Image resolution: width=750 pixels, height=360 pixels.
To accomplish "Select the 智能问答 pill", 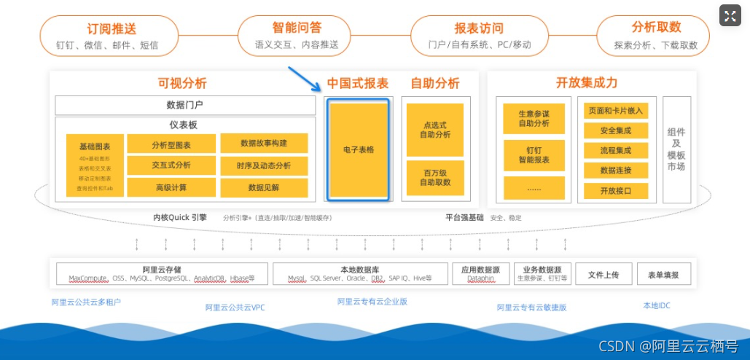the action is point(297,36).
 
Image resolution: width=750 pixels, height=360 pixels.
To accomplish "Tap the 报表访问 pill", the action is point(479,36).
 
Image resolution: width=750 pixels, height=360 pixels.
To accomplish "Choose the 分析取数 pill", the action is point(656,36).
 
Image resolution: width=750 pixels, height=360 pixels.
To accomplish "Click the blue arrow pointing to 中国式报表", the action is point(303,78).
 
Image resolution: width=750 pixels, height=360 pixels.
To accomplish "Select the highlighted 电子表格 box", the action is point(358,149).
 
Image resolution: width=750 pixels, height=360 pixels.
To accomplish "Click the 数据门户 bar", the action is point(184,105).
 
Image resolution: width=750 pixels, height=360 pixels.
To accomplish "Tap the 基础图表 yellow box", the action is point(94,165).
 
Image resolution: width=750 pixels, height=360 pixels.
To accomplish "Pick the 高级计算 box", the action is point(171,187).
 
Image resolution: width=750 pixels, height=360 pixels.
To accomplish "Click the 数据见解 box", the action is point(264,187).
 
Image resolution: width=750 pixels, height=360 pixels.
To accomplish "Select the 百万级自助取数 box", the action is point(435,177).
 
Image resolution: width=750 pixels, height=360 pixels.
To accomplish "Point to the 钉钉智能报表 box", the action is point(534,154).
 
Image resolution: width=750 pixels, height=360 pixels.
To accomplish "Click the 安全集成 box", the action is point(615,130).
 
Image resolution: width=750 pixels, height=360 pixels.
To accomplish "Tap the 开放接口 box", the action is point(615,191).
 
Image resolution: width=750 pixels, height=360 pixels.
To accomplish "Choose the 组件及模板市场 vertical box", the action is point(676,150).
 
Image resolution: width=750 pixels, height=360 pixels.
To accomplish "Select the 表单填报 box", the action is point(663,274).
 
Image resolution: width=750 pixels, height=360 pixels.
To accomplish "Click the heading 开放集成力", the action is point(586,83).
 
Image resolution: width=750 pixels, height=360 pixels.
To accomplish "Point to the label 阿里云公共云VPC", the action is point(235,308).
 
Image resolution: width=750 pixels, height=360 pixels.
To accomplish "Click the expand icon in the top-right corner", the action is point(730,15).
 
